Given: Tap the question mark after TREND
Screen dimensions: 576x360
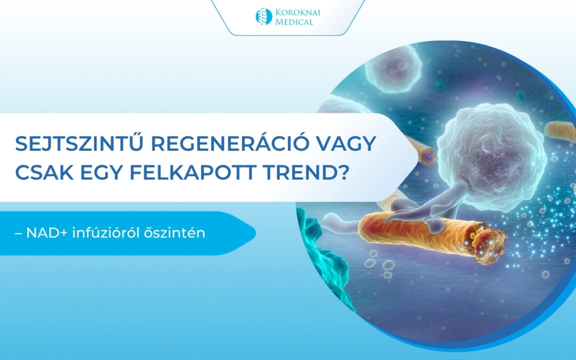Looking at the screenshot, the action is pos(342,173).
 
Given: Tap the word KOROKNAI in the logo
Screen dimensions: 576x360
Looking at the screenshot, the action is pos(298,12).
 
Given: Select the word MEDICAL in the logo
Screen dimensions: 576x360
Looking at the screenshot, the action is pos(294,22).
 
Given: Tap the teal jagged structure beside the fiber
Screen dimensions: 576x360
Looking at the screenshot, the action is pos(323,257).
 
